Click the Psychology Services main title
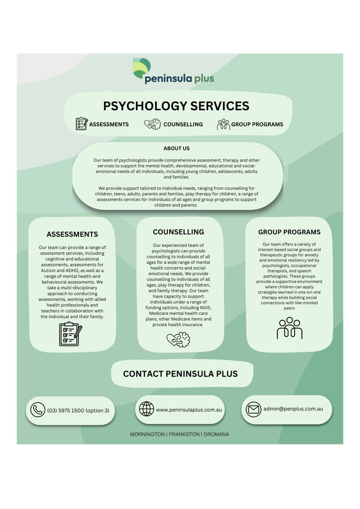[x=176, y=106]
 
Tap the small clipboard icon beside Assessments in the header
[x=82, y=123]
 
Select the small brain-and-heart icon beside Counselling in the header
[x=153, y=124]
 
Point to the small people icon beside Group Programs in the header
[x=223, y=124]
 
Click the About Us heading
[x=176, y=148]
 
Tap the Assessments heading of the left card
[x=72, y=234]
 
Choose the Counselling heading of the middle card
[x=179, y=232]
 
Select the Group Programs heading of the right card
[x=289, y=232]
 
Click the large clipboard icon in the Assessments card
[x=71, y=334]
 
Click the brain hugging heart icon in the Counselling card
[x=178, y=339]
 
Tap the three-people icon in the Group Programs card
[x=289, y=328]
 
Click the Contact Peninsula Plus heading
[x=180, y=374]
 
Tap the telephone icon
[x=38, y=410]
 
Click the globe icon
[x=146, y=409]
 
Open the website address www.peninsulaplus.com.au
[x=189, y=410]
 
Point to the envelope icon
[x=254, y=409]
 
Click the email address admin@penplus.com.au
[x=293, y=409]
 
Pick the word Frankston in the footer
[x=184, y=434]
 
